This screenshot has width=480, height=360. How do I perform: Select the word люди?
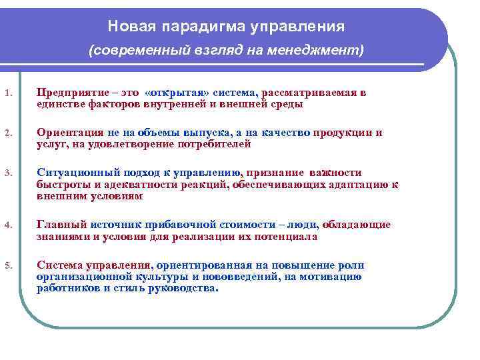(x=304, y=225)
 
